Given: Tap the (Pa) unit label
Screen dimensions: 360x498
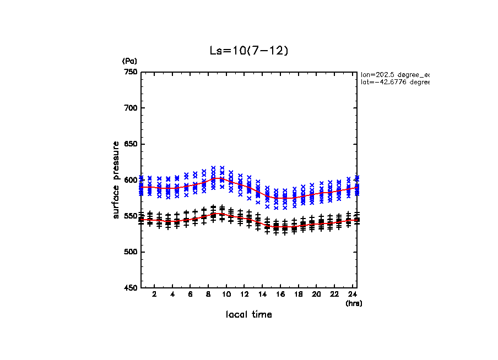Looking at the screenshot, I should click(129, 61).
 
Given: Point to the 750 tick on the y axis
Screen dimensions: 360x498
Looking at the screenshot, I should click(130, 72).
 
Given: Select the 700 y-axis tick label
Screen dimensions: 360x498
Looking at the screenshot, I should click(130, 108).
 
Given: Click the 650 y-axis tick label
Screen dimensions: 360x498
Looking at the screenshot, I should click(130, 144).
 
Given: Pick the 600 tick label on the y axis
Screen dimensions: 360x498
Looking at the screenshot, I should click(130, 180).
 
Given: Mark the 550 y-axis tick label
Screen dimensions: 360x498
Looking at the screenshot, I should click(130, 216).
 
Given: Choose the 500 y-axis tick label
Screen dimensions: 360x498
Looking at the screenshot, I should click(130, 252).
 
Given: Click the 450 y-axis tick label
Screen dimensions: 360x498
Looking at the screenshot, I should click(130, 288).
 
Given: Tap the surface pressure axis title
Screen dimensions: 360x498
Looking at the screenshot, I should click(116, 180).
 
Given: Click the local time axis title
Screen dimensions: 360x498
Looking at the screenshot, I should click(249, 314).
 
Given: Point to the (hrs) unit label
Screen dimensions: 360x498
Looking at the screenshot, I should click(354, 303).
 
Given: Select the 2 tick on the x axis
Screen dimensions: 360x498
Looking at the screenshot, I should click(154, 294).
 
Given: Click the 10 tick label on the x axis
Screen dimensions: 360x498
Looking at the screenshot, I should click(226, 294).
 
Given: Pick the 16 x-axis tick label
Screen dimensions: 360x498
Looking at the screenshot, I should click(280, 294).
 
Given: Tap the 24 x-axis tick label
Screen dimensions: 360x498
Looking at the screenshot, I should click(352, 294).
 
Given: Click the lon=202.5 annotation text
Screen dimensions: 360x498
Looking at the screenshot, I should click(395, 74).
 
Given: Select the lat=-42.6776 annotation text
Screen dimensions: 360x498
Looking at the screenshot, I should click(395, 82).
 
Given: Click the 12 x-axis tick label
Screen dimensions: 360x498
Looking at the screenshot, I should click(244, 294).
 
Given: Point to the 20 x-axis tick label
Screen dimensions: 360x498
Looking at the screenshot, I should click(316, 294).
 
